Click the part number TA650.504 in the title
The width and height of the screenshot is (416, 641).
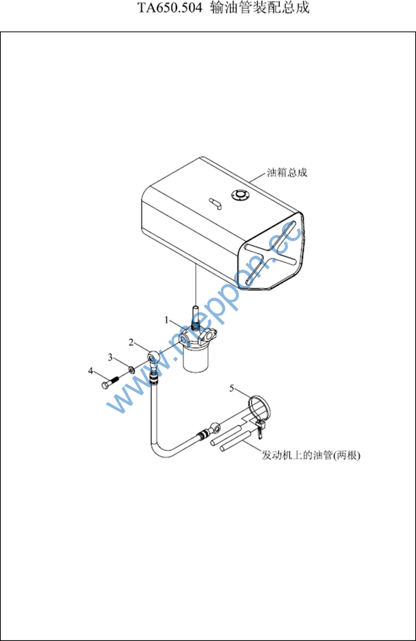(x=170, y=8)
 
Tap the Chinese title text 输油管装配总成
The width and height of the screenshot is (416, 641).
(x=260, y=8)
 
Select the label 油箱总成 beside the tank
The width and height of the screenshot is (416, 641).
(x=287, y=172)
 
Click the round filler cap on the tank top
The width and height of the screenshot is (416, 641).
(x=239, y=195)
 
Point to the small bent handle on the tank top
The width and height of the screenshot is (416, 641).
(x=215, y=203)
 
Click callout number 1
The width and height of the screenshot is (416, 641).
(x=167, y=319)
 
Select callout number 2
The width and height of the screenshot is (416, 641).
(x=131, y=342)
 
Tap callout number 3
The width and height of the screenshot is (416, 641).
(x=110, y=358)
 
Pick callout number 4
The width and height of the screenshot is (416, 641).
(x=91, y=371)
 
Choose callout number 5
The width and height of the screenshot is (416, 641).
(x=231, y=388)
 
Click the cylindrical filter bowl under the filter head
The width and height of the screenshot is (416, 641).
(x=196, y=358)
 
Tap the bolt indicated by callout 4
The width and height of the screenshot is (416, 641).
(x=109, y=382)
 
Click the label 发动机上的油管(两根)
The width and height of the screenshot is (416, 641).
(x=311, y=455)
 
